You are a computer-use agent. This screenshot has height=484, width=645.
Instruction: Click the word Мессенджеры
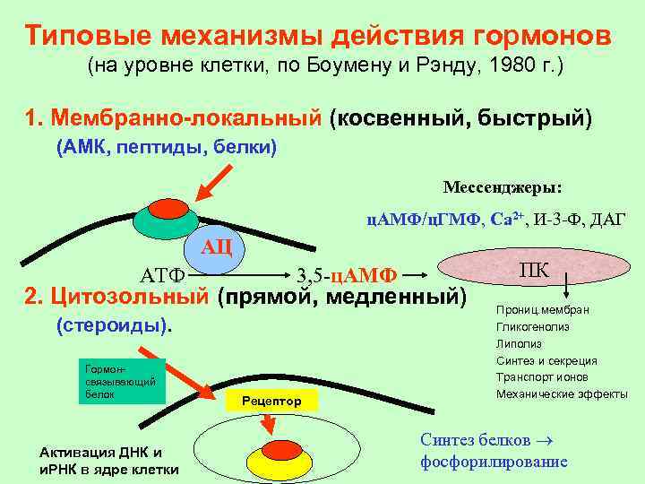click(x=503, y=187)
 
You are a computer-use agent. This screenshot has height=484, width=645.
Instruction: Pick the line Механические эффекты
click(x=562, y=394)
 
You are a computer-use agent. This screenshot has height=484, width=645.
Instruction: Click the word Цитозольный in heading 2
click(x=132, y=295)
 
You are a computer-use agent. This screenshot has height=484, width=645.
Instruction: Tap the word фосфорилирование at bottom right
click(x=494, y=462)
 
